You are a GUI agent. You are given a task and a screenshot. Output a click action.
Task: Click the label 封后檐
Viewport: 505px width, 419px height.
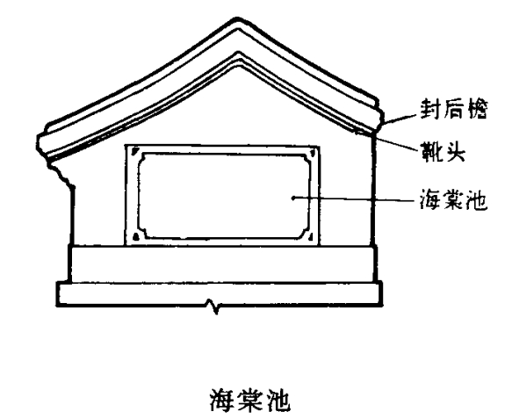click(x=454, y=109)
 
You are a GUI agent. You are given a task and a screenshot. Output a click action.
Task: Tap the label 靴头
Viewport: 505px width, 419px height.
click(x=444, y=151)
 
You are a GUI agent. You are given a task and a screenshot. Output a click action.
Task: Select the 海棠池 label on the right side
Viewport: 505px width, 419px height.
click(x=453, y=199)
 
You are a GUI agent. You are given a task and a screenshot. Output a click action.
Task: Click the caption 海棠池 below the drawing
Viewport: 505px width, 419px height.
click(x=249, y=400)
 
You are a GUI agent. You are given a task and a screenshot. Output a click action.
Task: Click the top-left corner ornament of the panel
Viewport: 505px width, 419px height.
click(x=136, y=151)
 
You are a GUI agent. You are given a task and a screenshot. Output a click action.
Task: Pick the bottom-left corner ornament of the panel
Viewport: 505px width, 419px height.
click(x=136, y=237)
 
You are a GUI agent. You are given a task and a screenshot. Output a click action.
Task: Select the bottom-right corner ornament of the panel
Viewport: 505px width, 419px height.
click(x=311, y=237)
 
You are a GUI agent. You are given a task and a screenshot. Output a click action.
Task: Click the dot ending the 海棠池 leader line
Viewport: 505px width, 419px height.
click(x=293, y=198)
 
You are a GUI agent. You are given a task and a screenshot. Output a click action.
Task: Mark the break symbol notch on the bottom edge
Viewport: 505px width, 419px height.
click(x=213, y=307)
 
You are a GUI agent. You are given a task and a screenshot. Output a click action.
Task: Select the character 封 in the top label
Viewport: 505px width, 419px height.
click(x=430, y=109)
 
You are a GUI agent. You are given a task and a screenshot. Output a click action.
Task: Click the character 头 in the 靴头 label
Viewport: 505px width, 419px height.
click(x=455, y=151)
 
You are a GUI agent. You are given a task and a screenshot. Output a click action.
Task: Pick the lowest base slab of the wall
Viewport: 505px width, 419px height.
click(x=220, y=293)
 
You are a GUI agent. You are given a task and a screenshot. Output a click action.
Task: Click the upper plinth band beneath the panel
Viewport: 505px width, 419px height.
click(x=222, y=264)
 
